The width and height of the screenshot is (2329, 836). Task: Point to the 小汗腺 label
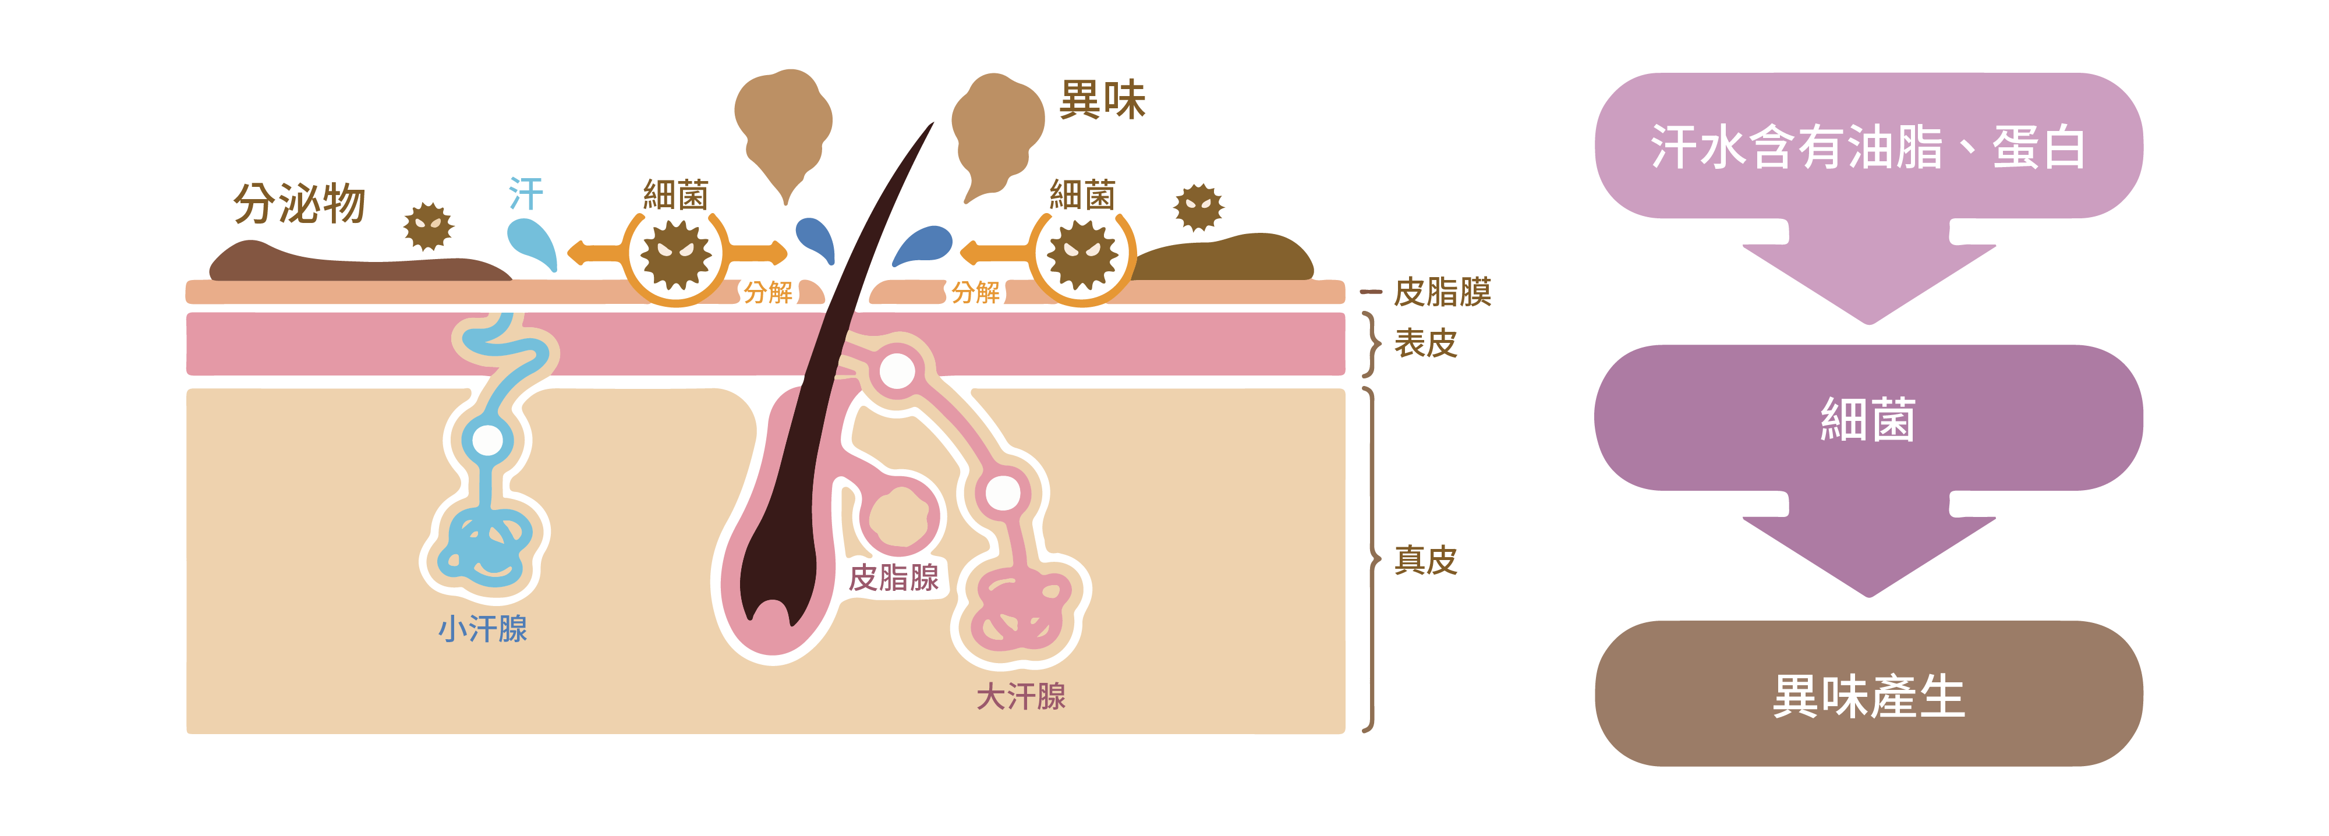click(483, 629)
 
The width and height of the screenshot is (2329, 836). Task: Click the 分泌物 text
click(299, 203)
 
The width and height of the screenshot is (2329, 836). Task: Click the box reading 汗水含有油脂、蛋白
click(1868, 146)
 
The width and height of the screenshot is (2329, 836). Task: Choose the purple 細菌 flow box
click(1868, 419)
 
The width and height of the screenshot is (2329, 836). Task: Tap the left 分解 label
click(767, 292)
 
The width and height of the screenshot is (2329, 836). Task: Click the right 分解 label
click(975, 292)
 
